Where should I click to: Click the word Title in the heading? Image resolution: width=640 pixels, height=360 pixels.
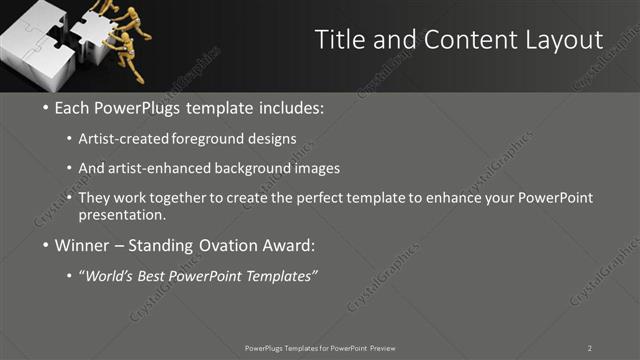pyautogui.click(x=338, y=40)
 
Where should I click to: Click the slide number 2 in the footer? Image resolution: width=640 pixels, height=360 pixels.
pyautogui.click(x=590, y=347)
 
